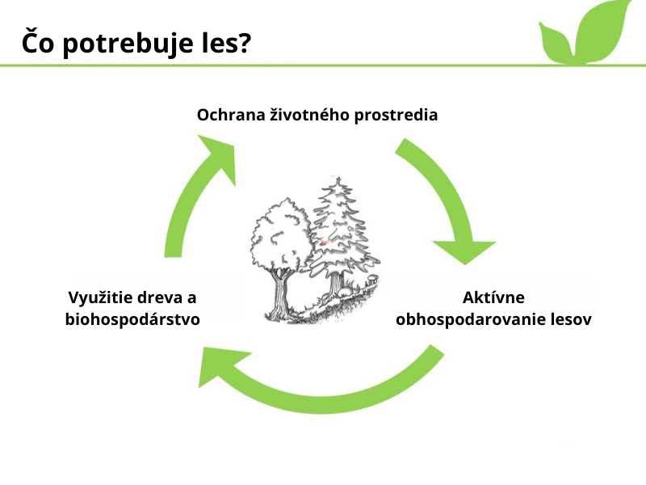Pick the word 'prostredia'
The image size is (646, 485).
point(396,116)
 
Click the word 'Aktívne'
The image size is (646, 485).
point(493,297)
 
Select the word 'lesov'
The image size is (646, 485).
point(571,319)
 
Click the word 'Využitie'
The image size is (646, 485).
point(99,297)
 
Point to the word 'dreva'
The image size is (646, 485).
point(157,297)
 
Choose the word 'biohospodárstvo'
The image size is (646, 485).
point(132,319)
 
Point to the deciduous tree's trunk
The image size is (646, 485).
point(281,293)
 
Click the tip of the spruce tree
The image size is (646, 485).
point(338,178)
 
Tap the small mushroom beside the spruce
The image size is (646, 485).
point(372,278)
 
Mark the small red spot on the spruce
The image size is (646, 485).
point(325,242)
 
